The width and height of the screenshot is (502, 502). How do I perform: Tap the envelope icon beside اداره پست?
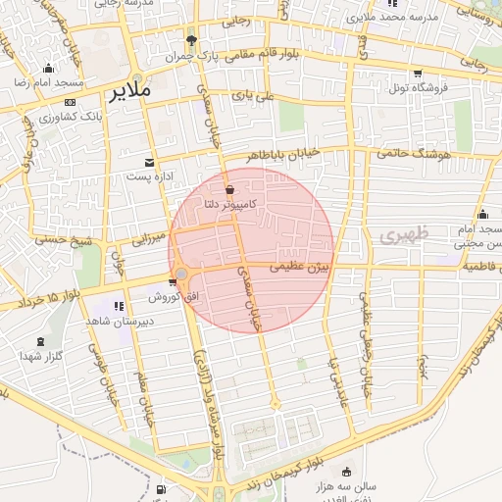tap(149, 162)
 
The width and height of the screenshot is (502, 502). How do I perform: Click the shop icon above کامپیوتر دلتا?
tap(229, 189)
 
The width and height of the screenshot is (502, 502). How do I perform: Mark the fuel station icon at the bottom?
tap(161, 488)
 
